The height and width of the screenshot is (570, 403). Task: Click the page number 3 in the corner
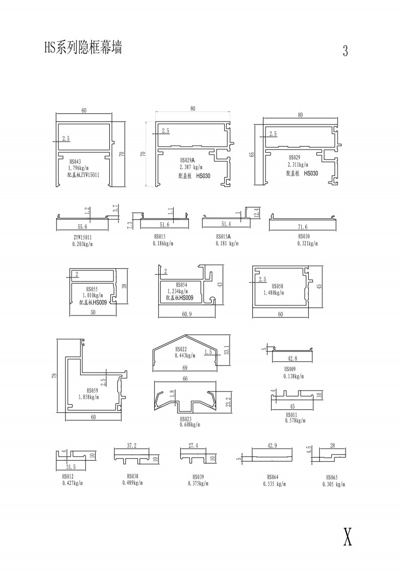(345, 51)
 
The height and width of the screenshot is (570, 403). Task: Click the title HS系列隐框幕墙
(83, 48)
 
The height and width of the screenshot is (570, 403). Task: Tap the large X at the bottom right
(347, 537)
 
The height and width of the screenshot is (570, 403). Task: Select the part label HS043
(75, 162)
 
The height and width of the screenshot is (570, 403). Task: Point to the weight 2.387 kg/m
(190, 167)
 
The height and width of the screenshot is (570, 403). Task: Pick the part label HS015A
(223, 236)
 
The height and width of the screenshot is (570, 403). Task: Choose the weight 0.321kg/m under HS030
(307, 243)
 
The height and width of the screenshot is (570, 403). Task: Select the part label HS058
(276, 286)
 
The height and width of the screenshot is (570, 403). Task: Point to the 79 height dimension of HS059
(54, 374)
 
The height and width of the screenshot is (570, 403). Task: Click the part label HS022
(181, 350)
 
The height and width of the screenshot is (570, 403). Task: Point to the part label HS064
(273, 477)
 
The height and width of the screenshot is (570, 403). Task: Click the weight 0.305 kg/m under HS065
(334, 484)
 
